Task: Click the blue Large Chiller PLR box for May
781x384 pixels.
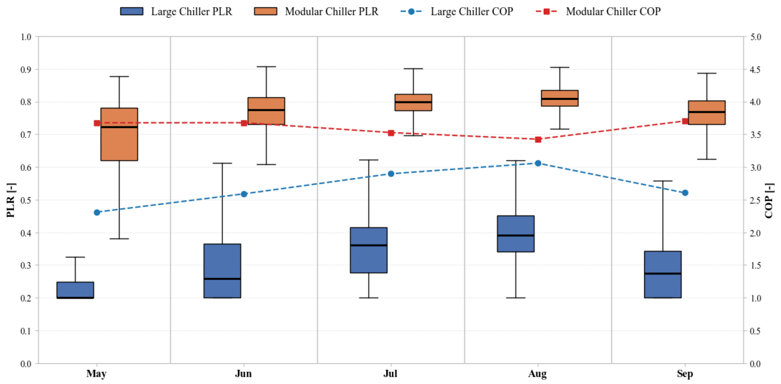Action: tap(75, 290)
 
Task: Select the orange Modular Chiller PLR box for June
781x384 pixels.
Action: tap(266, 111)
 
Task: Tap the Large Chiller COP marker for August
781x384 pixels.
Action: tap(538, 163)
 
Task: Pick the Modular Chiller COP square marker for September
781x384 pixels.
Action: tap(685, 121)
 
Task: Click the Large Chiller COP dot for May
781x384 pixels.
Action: tap(97, 212)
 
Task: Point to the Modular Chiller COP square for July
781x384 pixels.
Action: tap(391, 133)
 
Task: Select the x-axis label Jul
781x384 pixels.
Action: tap(391, 374)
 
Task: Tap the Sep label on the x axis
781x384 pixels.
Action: tap(685, 374)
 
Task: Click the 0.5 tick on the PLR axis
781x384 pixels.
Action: tap(25, 200)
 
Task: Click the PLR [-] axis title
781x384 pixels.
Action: tap(10, 200)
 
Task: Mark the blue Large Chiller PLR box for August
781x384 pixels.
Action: tap(516, 234)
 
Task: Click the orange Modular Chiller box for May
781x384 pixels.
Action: tap(119, 134)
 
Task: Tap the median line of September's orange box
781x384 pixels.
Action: tap(707, 112)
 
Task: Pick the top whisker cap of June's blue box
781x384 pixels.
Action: tap(222, 163)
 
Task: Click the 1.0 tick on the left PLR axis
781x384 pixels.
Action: tap(25, 37)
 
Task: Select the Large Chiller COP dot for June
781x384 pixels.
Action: tap(244, 194)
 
